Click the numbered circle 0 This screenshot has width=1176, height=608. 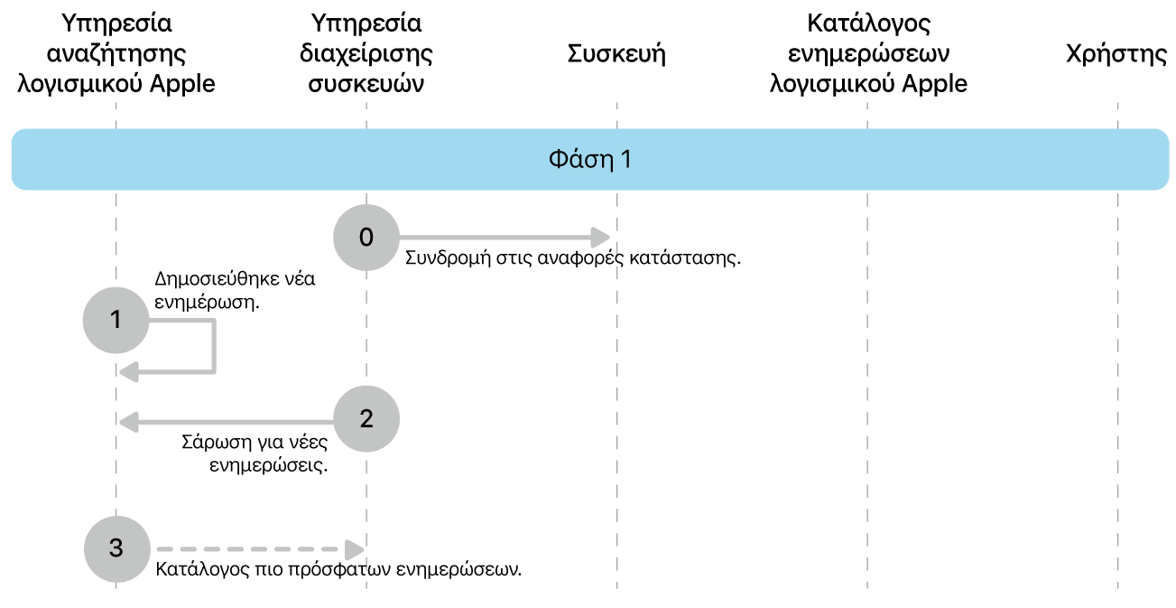pyautogui.click(x=366, y=238)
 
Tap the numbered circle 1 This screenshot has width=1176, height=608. pyautogui.click(x=116, y=320)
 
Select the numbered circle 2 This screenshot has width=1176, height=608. pyautogui.click(x=366, y=419)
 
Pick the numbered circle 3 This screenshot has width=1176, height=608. pyautogui.click(x=116, y=548)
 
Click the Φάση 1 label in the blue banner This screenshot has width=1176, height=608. pyautogui.click(x=590, y=160)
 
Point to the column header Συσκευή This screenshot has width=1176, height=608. pyautogui.click(x=616, y=54)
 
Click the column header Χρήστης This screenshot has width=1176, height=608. pyautogui.click(x=1116, y=54)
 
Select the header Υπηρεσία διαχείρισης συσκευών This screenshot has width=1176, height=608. pyautogui.click(x=366, y=53)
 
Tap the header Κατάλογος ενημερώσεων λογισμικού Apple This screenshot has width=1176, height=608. pyautogui.click(x=867, y=53)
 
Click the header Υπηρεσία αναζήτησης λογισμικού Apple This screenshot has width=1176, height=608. pyautogui.click(x=116, y=53)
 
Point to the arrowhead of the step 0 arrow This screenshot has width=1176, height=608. pyautogui.click(x=600, y=238)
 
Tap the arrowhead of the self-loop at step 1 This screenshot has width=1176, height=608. pyautogui.click(x=129, y=370)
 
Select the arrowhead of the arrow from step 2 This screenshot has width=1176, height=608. pyautogui.click(x=129, y=419)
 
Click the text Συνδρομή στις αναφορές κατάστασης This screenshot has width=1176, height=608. pyautogui.click(x=573, y=258)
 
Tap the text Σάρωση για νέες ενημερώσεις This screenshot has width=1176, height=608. pyautogui.click(x=255, y=455)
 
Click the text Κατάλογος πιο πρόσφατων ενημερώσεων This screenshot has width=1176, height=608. pyautogui.click(x=338, y=570)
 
